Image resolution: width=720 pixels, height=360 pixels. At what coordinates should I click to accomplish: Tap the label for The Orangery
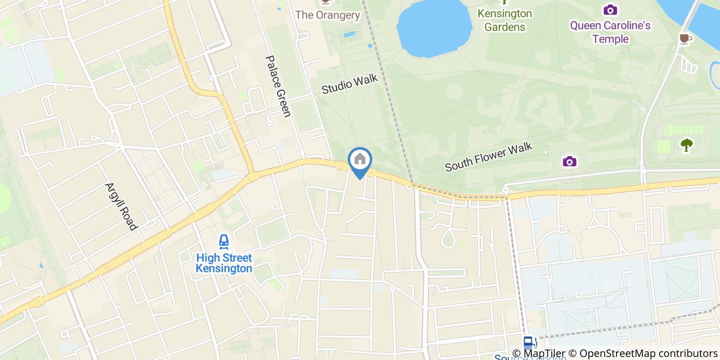[328, 15]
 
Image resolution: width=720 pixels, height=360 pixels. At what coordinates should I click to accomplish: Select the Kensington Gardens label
[504, 20]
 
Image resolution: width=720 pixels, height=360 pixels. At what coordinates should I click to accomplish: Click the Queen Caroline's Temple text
[610, 32]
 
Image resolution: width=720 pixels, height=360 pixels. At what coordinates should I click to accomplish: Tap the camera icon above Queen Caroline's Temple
[610, 10]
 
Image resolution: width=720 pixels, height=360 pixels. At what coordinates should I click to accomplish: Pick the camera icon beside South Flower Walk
[569, 161]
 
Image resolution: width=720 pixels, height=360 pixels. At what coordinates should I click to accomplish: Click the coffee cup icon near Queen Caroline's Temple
[684, 39]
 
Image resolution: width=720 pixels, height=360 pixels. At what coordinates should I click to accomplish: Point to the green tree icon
[686, 145]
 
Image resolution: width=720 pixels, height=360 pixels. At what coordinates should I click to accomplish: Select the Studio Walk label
[350, 84]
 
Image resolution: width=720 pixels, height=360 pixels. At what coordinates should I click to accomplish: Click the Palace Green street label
[278, 86]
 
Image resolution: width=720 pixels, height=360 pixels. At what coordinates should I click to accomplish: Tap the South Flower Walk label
[488, 157]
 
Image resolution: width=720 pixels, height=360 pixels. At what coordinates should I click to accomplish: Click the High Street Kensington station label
[224, 263]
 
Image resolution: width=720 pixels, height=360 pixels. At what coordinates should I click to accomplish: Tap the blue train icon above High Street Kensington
[224, 241]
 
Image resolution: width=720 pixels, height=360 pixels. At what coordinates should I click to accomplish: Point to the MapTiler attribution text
[539, 354]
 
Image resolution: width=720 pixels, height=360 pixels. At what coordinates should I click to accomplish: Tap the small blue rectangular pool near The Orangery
[349, 34]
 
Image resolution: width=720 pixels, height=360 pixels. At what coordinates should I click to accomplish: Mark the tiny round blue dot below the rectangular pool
[370, 46]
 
